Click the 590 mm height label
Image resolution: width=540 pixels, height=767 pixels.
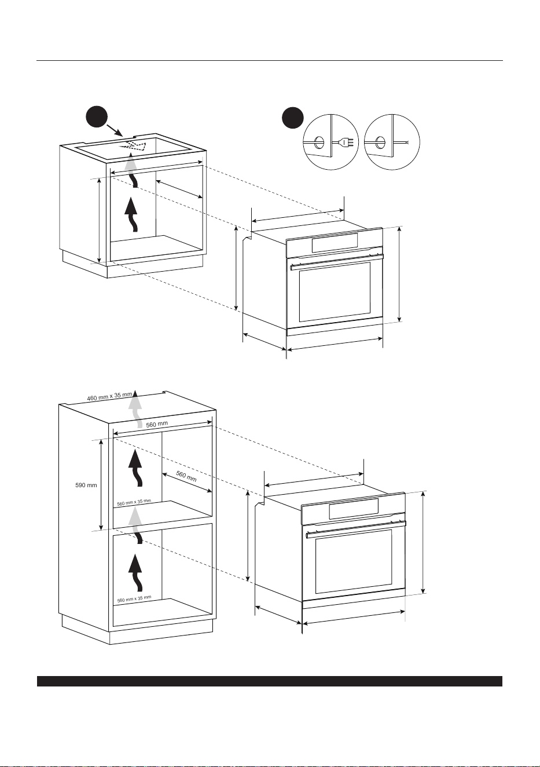click(86, 485)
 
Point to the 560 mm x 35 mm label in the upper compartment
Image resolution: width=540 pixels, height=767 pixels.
click(134, 502)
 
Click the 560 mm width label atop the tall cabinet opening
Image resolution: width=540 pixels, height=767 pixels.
click(157, 424)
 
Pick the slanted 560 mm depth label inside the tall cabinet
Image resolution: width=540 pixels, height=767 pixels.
click(186, 476)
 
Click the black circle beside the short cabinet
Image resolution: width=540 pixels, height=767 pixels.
click(97, 117)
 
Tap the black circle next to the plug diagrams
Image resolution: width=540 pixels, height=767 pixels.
click(293, 118)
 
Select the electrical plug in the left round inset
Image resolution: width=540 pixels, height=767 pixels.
click(346, 141)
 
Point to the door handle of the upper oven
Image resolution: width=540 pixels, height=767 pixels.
click(337, 261)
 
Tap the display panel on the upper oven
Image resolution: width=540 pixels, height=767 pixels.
click(335, 243)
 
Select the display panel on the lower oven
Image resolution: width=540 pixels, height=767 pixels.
click(354, 508)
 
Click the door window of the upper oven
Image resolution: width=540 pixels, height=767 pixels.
click(335, 292)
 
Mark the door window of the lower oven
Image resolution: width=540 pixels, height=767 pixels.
click(354, 561)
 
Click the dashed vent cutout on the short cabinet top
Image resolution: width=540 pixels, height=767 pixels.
click(134, 146)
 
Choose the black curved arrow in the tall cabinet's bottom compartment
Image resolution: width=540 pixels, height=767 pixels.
click(135, 573)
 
